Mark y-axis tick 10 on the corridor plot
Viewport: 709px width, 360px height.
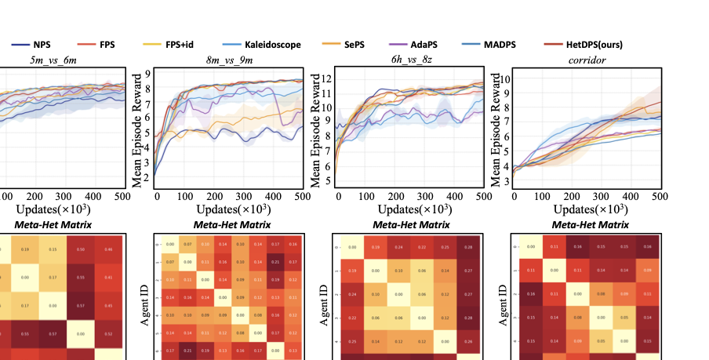pos(506,79)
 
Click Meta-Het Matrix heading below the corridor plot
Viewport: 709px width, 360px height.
pos(587,225)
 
